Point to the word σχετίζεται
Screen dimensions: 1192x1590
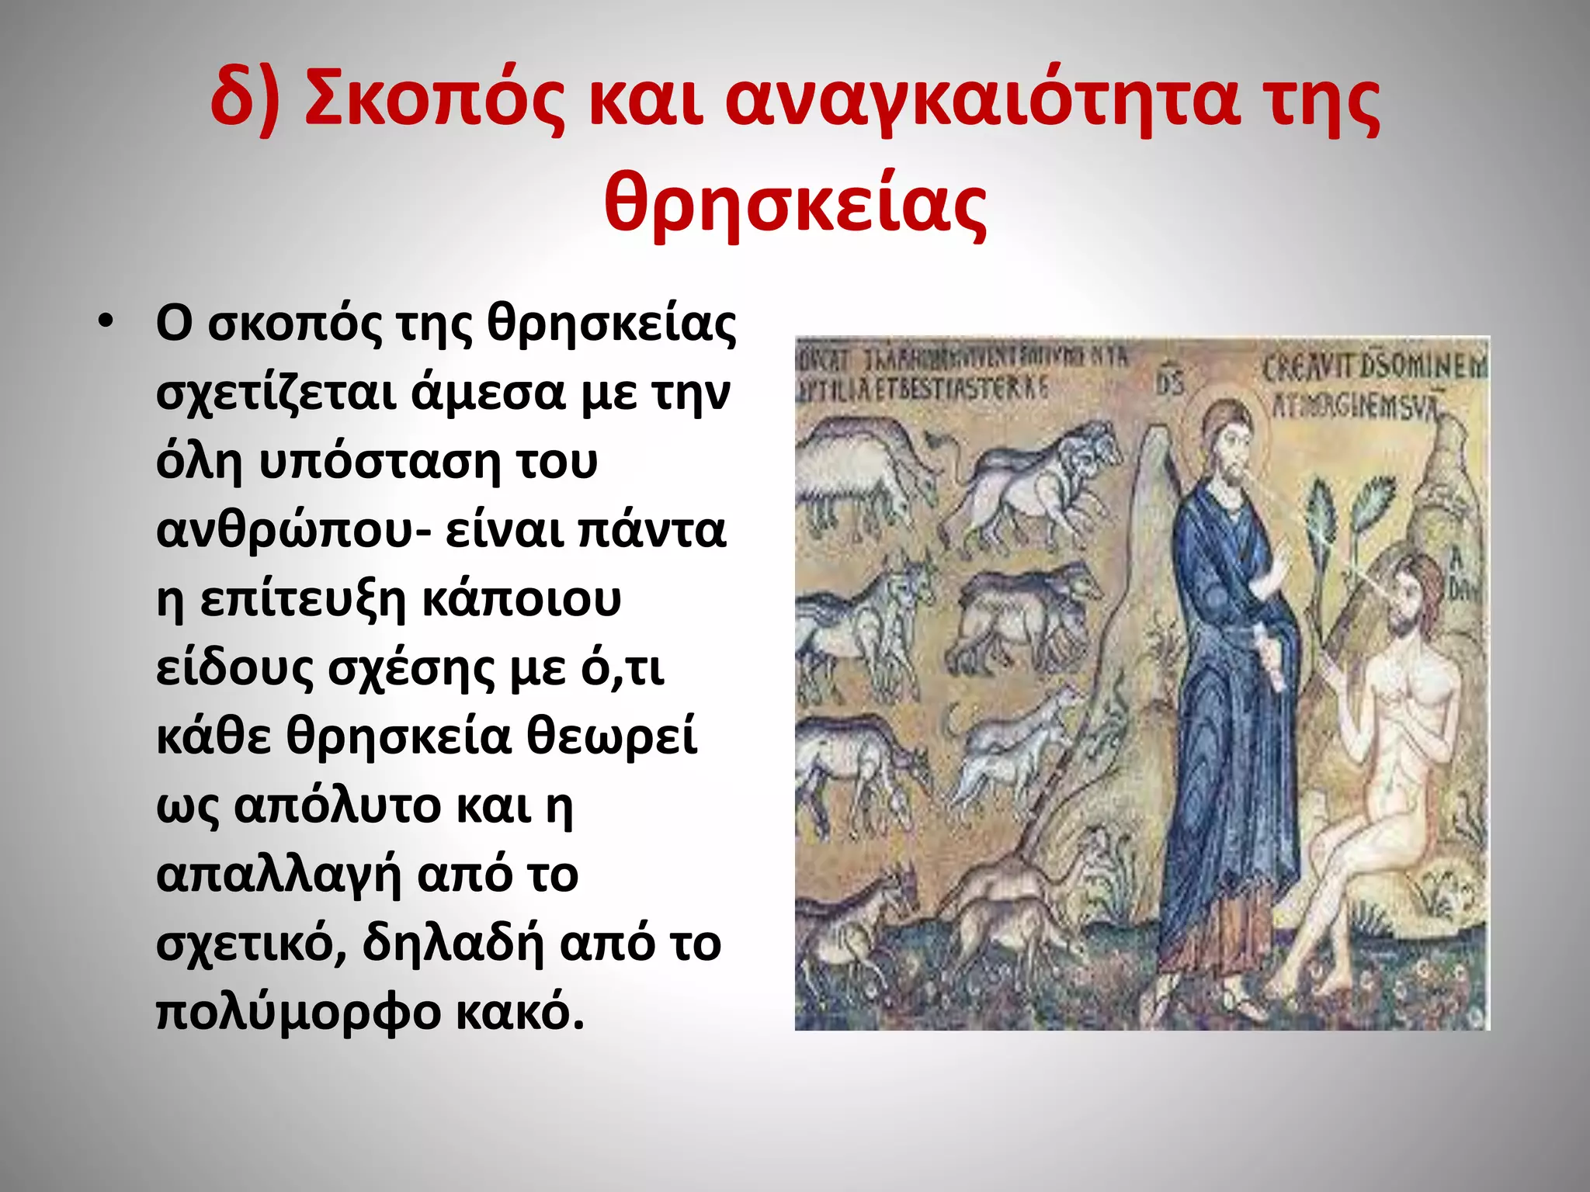tap(276, 393)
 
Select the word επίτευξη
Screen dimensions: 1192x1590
tap(303, 599)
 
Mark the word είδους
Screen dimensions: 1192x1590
tap(234, 668)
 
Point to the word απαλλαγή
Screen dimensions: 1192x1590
tap(279, 875)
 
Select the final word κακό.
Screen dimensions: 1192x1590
tap(519, 1012)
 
